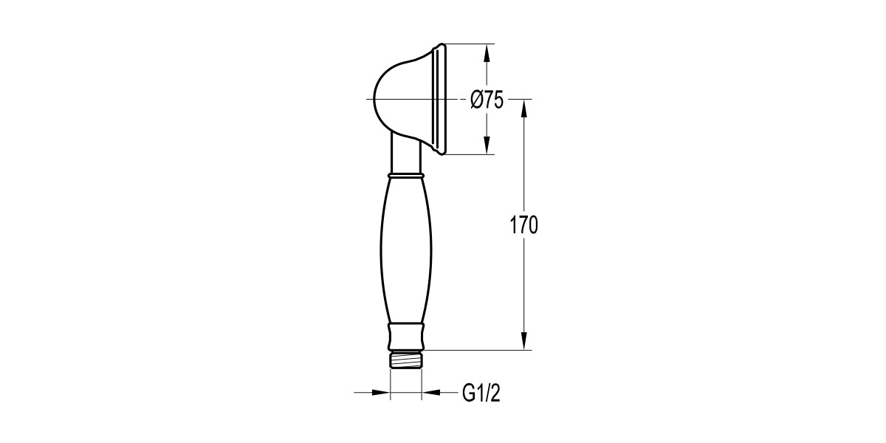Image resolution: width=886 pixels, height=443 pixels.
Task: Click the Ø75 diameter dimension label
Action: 487,100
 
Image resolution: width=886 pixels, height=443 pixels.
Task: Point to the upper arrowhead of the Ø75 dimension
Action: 487,53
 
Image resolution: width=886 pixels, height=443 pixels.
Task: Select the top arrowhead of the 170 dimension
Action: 524,109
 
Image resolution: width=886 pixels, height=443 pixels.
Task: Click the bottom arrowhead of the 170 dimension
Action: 524,341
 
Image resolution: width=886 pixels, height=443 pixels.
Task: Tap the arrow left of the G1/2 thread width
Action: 381,393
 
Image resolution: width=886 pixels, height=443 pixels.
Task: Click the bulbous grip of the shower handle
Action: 405,251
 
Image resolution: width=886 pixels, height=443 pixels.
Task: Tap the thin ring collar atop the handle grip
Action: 405,176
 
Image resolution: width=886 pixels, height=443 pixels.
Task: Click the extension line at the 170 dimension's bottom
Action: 480,350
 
